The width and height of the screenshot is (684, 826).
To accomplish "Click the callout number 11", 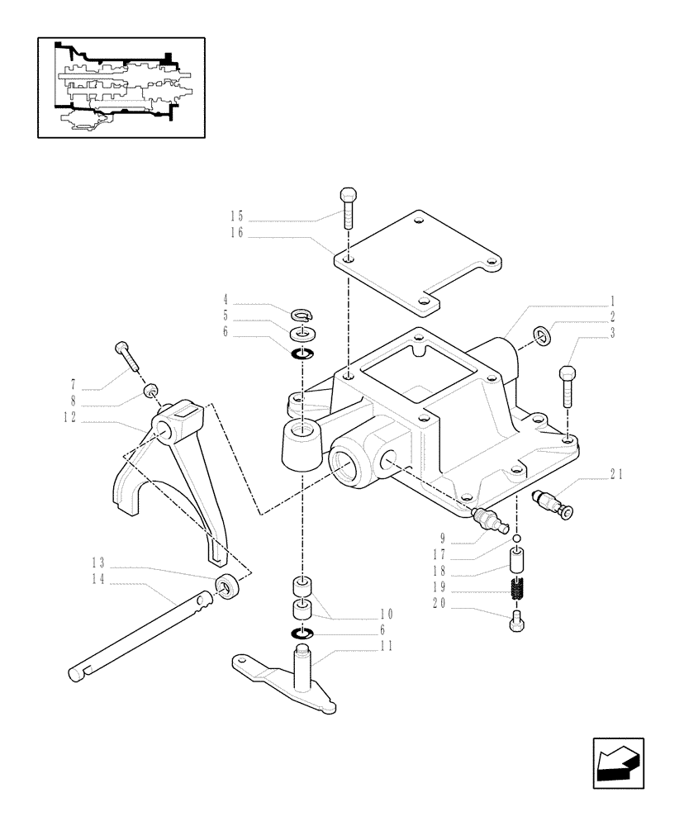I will (386, 645).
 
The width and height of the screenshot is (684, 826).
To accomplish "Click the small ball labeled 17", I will (516, 539).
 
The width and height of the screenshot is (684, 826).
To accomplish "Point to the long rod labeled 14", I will (140, 635).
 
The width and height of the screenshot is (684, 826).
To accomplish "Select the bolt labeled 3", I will (567, 384).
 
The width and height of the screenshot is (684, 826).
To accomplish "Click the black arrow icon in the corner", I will (619, 763).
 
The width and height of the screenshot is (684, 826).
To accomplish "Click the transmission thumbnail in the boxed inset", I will (120, 87).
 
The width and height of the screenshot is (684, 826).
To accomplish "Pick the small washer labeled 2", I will (540, 335).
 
